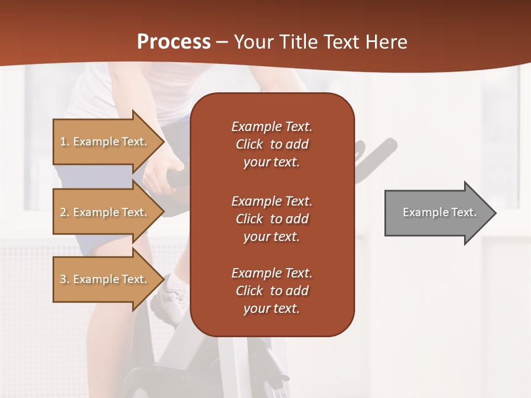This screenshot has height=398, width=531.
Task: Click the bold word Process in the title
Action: pos(174,42)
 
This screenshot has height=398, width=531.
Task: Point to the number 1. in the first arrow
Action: pos(65,142)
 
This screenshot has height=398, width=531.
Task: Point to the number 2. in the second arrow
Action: pos(65,212)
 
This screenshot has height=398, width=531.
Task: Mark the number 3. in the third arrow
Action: pos(65,279)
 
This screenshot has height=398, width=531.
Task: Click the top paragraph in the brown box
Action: pos(272,144)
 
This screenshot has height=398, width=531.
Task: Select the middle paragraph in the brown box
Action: pos(272,219)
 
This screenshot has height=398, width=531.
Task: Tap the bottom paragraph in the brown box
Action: pos(272,291)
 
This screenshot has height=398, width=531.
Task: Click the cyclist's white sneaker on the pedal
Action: pos(175,293)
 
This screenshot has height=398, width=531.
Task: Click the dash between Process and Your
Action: pos(222,42)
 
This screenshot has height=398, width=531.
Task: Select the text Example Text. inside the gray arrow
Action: pos(440,212)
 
